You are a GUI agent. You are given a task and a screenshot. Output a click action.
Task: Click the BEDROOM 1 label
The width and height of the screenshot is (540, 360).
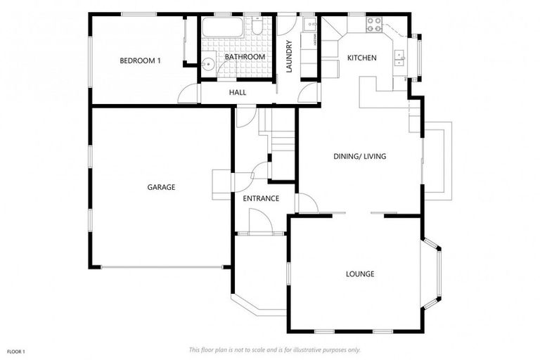tap(140, 60)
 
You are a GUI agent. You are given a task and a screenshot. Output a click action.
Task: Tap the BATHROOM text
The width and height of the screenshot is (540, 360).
tap(245, 56)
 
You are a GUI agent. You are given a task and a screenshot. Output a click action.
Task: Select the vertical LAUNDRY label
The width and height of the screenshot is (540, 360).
tap(288, 56)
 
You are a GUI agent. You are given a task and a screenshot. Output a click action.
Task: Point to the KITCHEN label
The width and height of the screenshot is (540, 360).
tap(362, 58)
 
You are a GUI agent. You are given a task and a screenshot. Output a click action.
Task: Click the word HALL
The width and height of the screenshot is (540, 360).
tap(237, 93)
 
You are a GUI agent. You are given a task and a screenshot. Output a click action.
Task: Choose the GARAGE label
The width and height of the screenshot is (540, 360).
tap(161, 187)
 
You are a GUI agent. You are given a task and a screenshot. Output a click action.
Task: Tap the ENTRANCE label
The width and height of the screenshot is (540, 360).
tap(261, 199)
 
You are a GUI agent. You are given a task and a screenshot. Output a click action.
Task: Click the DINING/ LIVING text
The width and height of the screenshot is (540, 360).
tap(359, 156)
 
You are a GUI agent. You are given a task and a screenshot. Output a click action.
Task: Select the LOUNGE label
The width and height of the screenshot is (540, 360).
tap(359, 274)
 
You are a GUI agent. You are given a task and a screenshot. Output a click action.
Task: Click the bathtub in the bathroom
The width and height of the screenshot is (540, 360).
tap(222, 29)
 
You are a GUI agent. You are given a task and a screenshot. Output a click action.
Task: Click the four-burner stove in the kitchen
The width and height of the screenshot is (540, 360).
tap(373, 25)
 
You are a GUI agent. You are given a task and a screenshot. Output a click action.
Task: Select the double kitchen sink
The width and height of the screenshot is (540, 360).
tap(400, 57)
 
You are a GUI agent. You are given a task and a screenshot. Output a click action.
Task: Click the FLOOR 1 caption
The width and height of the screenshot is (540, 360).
tap(15, 351)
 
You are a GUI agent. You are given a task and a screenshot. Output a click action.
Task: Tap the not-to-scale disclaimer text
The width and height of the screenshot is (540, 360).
tap(274, 349)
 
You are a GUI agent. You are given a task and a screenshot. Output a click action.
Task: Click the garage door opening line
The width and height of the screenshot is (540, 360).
tap(162, 266)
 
